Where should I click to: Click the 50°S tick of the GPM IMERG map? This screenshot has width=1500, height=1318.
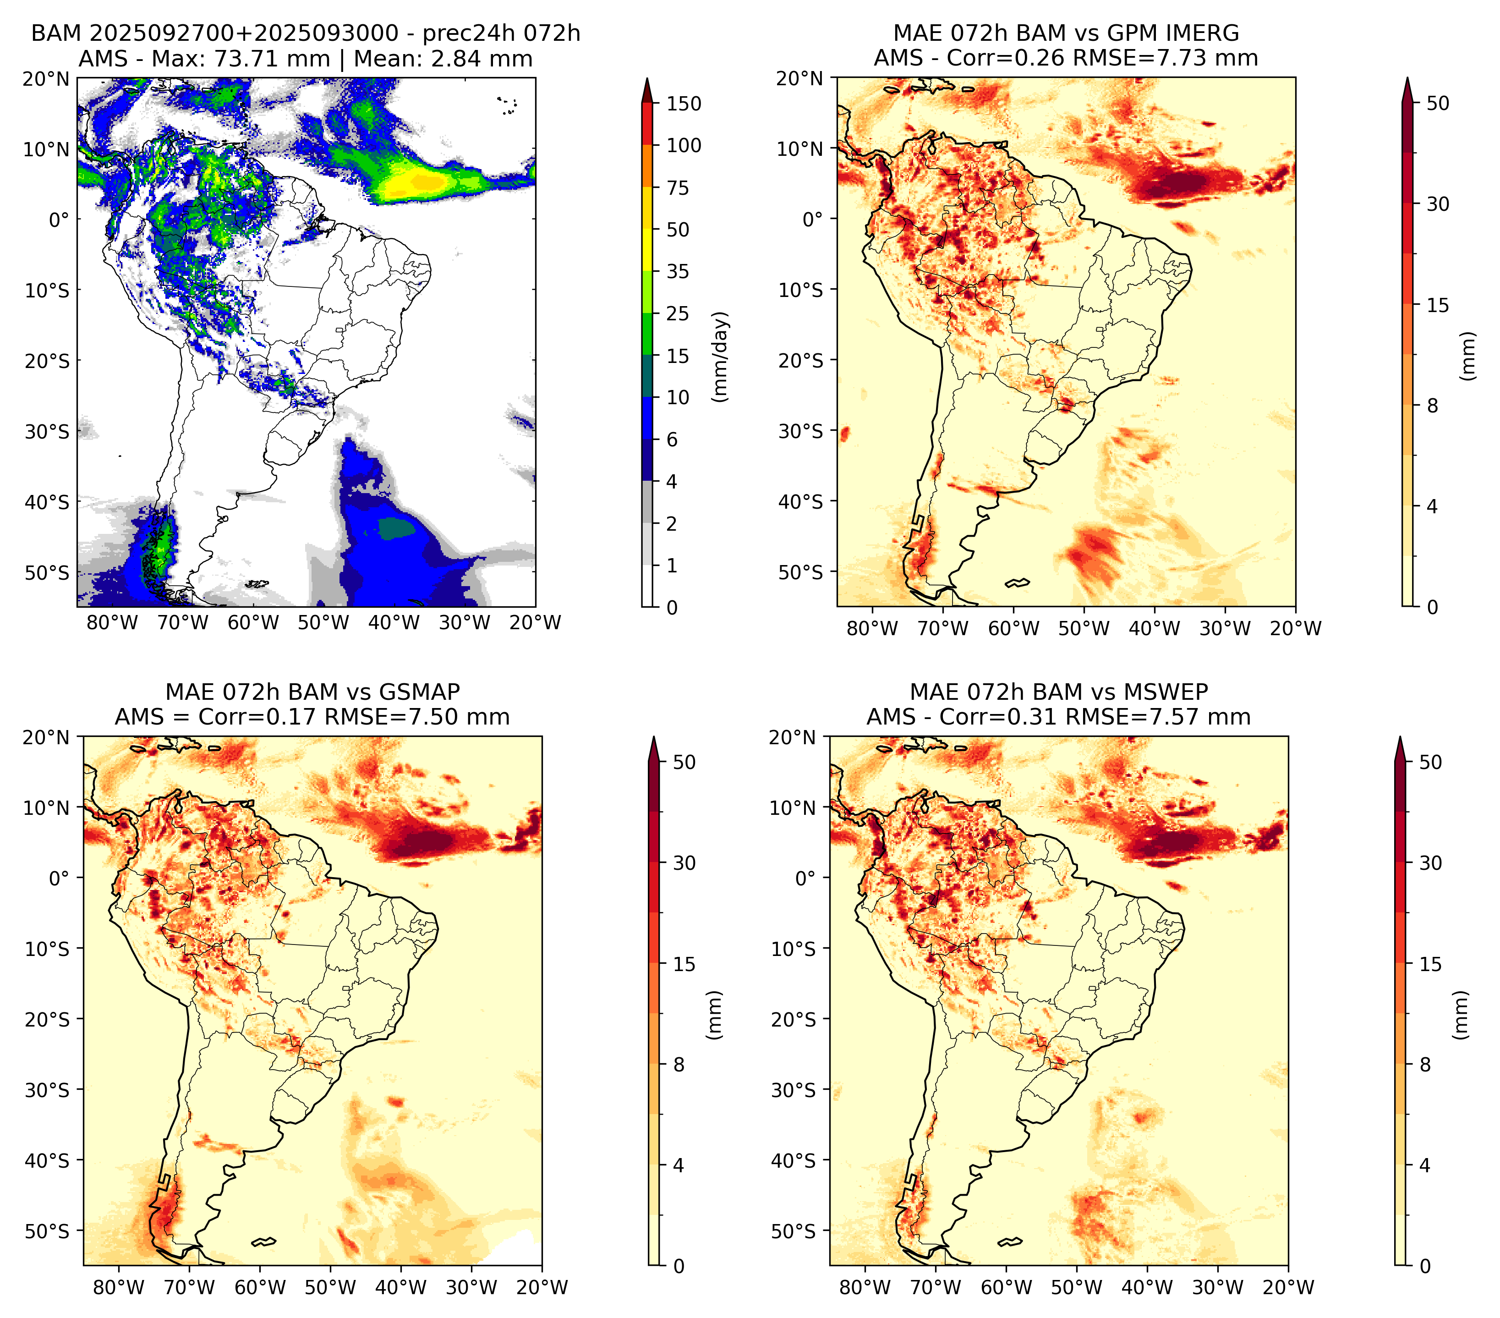(801, 571)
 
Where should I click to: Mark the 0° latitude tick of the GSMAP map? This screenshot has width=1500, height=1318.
(60, 878)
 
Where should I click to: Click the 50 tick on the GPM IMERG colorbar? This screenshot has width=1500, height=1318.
(1438, 104)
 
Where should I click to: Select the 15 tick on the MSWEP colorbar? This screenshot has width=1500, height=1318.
(1431, 964)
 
